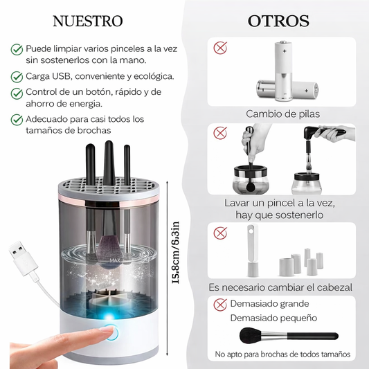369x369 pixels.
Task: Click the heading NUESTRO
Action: pyautogui.click(x=88, y=21)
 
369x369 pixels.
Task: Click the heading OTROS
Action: pyautogui.click(x=278, y=21)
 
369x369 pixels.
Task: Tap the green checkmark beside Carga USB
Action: pyautogui.click(x=17, y=77)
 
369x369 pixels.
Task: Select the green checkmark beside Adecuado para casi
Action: pyautogui.click(x=17, y=120)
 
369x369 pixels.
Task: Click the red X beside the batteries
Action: pyautogui.click(x=220, y=48)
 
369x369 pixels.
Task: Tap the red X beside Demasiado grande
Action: pyautogui.click(x=220, y=305)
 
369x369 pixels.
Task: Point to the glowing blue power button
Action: pyautogui.click(x=111, y=333)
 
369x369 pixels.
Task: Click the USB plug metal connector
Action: pyautogui.click(x=17, y=250)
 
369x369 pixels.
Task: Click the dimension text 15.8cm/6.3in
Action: pyautogui.click(x=176, y=253)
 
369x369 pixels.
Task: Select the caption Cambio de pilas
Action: pyautogui.click(x=283, y=114)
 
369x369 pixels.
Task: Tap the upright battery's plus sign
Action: pyautogui.click(x=285, y=51)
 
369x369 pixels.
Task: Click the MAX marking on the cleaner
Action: pyautogui.click(x=115, y=260)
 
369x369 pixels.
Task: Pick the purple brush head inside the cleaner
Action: pyautogui.click(x=109, y=250)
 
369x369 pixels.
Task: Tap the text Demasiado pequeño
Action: pyautogui.click(x=273, y=318)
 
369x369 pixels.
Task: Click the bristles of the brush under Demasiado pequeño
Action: pyautogui.click(x=251, y=335)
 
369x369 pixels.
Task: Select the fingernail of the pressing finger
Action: pyautogui.click(x=107, y=330)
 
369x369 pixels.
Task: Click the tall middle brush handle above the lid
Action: pyautogui.click(x=109, y=163)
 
